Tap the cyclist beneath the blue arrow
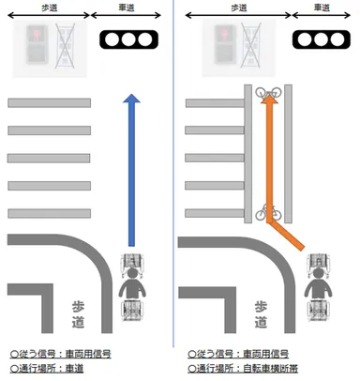click(133, 286)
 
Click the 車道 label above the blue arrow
click(129, 8)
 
